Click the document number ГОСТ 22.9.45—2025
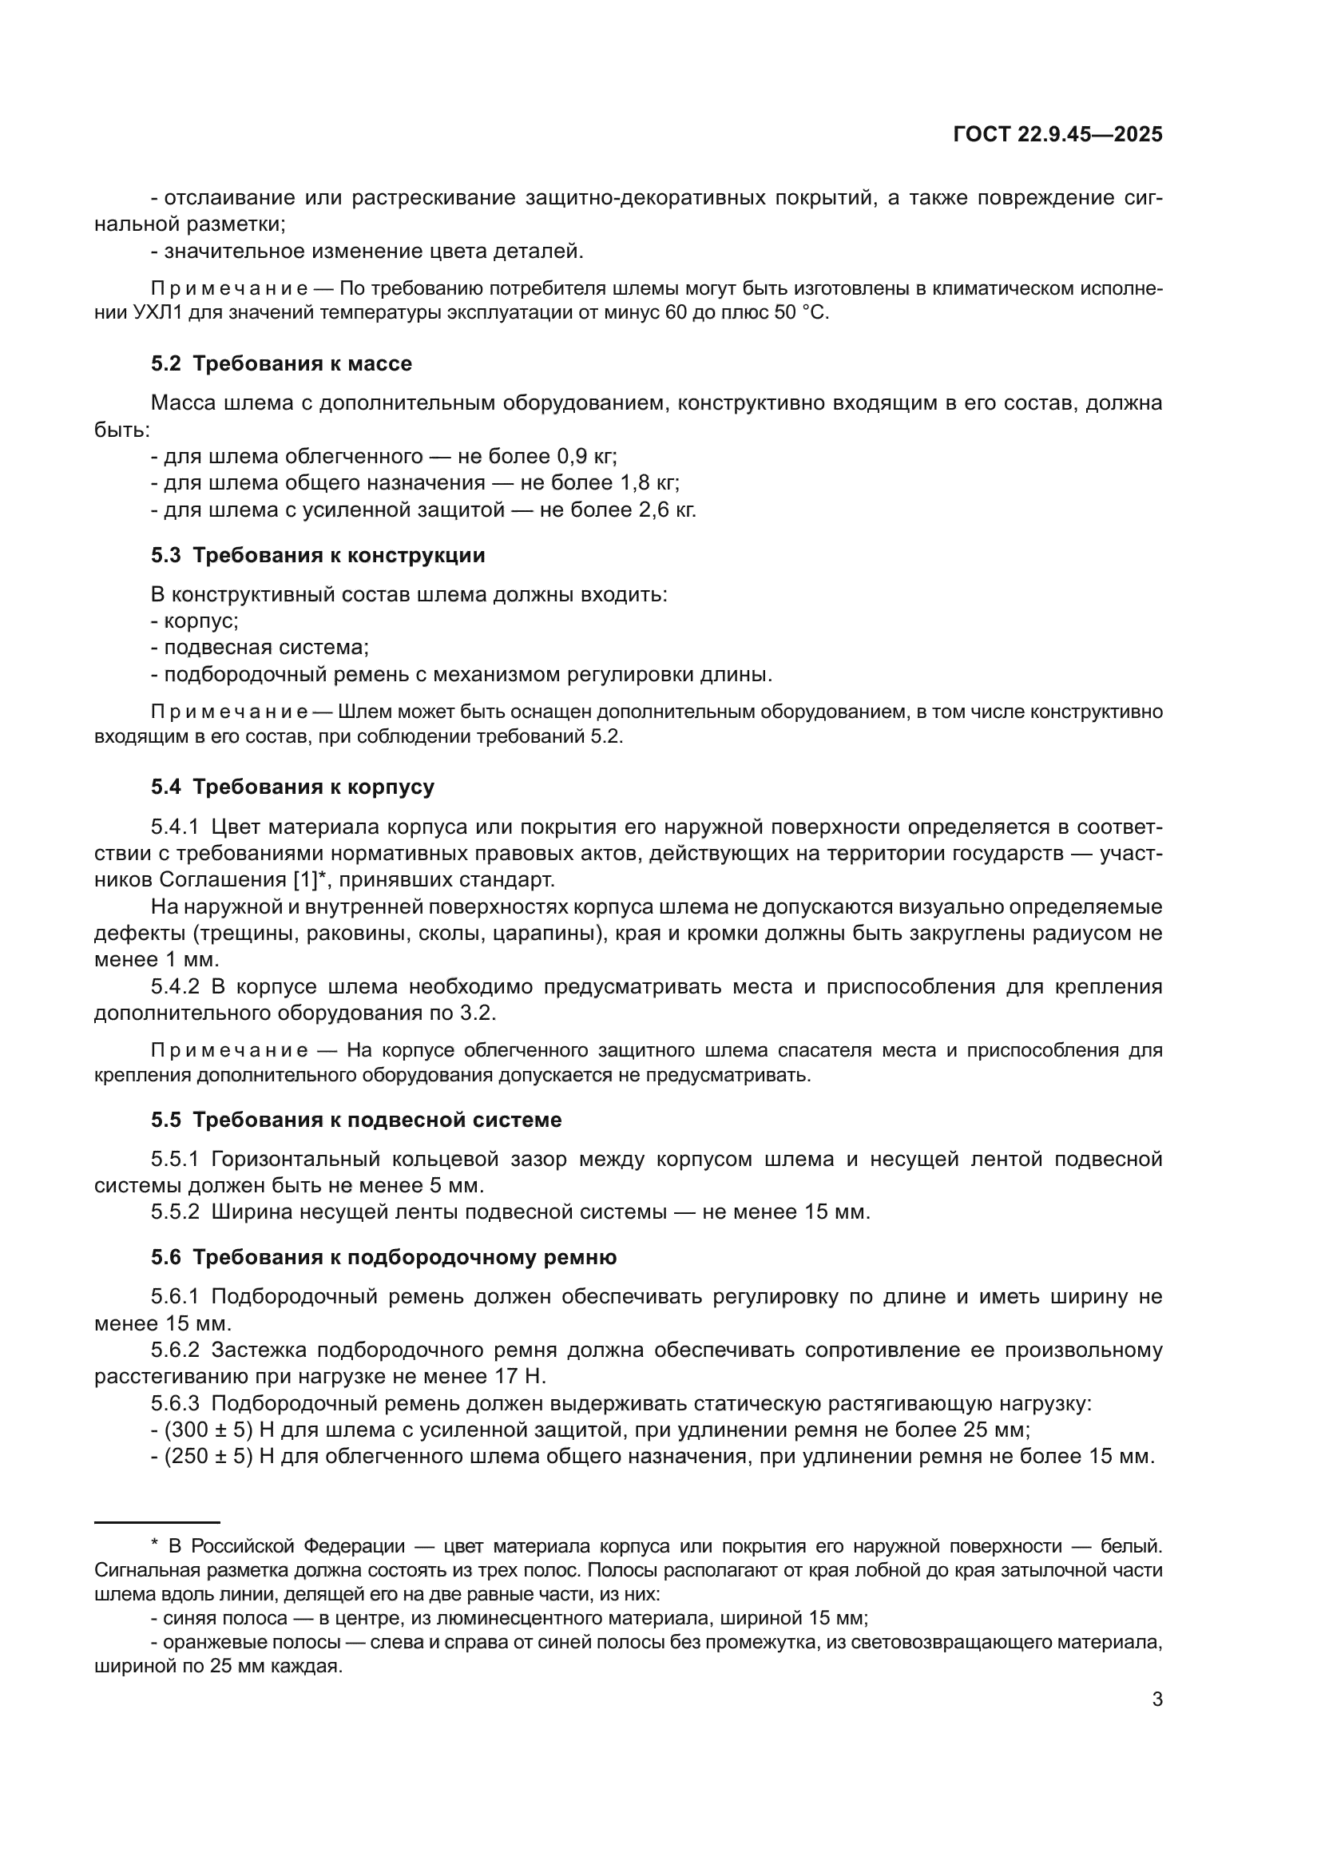tap(1057, 135)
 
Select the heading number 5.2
tap(166, 363)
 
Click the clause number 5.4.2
tap(175, 987)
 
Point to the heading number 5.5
tap(166, 1120)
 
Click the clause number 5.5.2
tap(175, 1212)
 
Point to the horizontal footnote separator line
tap(157, 1521)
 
